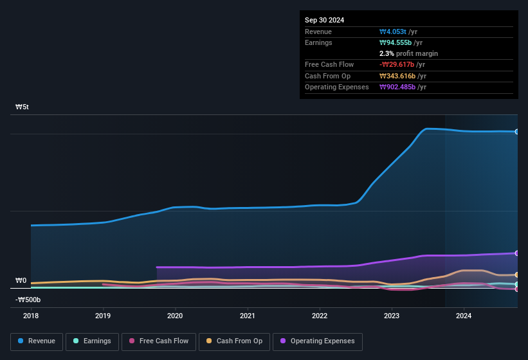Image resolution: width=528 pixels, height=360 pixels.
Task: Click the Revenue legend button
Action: pos(37,341)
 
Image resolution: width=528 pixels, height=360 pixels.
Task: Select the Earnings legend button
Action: pos(92,341)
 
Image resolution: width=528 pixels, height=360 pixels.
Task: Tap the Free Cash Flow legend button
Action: pos(159,341)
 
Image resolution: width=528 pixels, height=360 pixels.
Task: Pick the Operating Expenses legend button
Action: pos(317,341)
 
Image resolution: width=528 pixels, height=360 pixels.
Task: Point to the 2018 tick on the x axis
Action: pos(31,316)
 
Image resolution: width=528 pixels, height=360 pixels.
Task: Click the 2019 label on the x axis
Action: pos(103,316)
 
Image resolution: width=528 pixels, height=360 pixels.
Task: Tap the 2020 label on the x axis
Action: pos(175,316)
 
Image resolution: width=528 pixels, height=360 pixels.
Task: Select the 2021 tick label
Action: pos(248,316)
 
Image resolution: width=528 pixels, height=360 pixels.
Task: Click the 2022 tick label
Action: pos(320,316)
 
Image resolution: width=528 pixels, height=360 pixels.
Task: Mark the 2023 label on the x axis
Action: pos(392,316)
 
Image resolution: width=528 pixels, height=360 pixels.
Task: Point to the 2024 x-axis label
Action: pos(464,316)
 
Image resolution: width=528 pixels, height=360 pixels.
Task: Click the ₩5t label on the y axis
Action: pos(21,107)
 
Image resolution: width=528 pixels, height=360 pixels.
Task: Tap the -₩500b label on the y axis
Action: pos(28,300)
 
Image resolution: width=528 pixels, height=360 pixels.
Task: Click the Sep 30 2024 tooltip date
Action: pos(324,20)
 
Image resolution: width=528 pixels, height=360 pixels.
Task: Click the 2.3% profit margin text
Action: pos(408,53)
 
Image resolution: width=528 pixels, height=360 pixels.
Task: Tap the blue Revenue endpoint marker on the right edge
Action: pos(516,132)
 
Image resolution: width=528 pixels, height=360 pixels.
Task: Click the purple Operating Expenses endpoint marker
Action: pos(516,253)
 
